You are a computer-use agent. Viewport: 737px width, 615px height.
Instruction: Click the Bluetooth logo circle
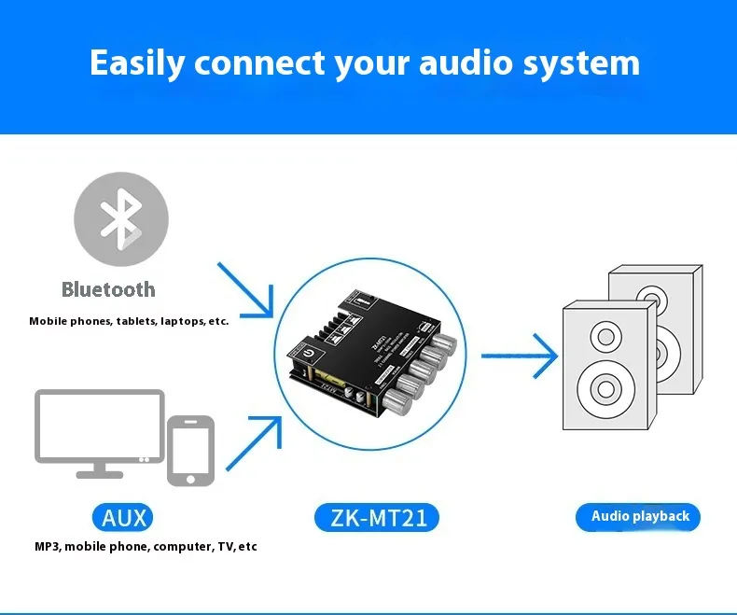pos(121,219)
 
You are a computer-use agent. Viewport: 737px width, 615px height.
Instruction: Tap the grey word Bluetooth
pos(108,289)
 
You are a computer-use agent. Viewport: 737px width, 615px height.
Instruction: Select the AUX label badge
pos(122,517)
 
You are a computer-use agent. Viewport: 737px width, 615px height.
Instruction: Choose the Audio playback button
pos(639,516)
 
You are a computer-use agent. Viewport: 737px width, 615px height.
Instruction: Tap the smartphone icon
pos(190,451)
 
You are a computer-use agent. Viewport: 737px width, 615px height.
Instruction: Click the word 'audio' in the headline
pos(467,63)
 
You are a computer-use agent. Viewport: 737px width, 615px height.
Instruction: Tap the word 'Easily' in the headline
pos(138,63)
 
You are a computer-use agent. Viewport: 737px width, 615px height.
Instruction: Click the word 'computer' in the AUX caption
pos(182,546)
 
